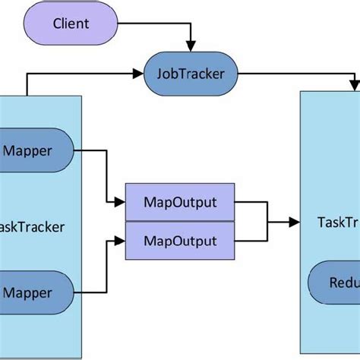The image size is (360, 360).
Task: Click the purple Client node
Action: pyautogui.click(x=70, y=24)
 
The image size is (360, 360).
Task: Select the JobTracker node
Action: pyautogui.click(x=191, y=74)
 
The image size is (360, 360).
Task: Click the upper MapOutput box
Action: pyautogui.click(x=180, y=203)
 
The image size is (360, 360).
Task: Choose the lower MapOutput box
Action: pyautogui.click(x=180, y=242)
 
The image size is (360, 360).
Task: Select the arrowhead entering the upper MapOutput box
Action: pyautogui.click(x=119, y=203)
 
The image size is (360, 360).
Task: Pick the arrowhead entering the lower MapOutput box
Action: pyautogui.click(x=119, y=242)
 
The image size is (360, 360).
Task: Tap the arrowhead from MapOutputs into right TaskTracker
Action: pyautogui.click(x=295, y=222)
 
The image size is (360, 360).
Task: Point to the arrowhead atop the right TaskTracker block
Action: pyautogui.click(x=355, y=86)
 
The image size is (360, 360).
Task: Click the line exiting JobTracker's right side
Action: pyautogui.click(x=296, y=74)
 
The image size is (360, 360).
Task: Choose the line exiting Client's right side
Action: pyautogui.click(x=152, y=24)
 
